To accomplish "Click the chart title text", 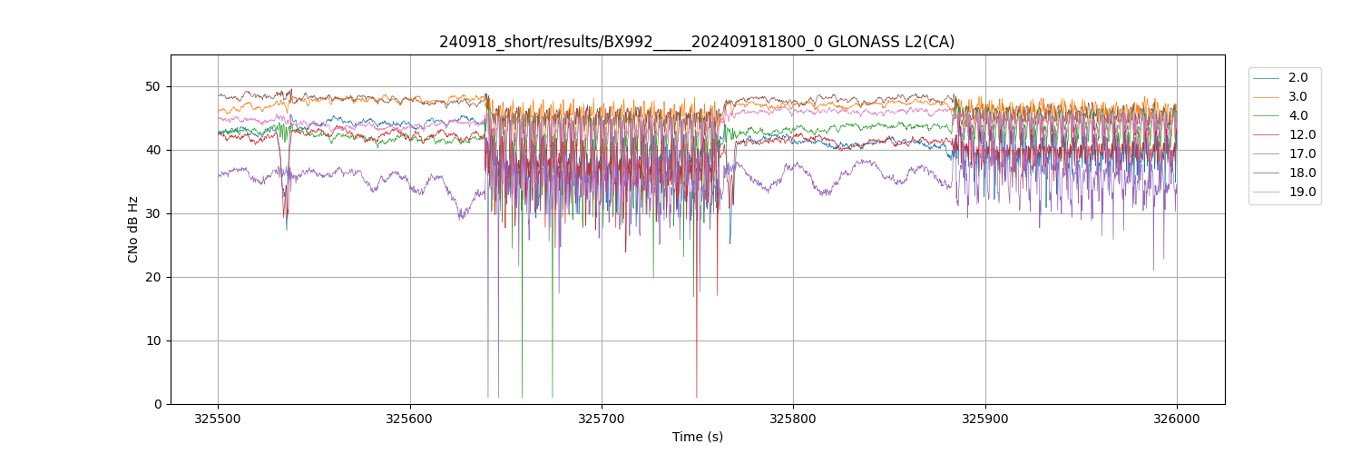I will (697, 42).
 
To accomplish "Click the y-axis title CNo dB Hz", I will (133, 230).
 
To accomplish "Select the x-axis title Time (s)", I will (697, 437).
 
